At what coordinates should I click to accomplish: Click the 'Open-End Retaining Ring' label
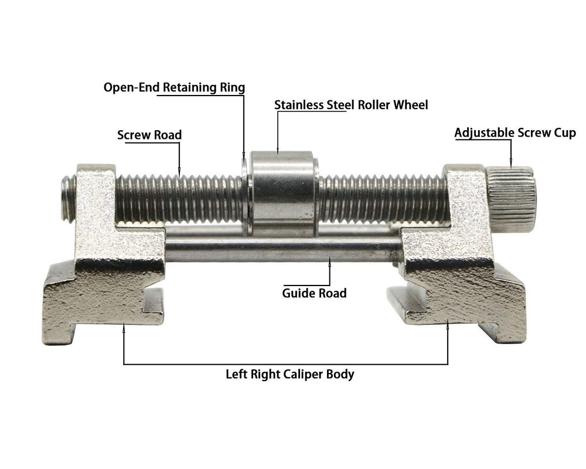point(174,87)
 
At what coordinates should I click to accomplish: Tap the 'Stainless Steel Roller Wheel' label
point(351,105)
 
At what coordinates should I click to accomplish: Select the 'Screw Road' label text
point(149,135)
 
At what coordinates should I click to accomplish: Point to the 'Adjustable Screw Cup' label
point(515,133)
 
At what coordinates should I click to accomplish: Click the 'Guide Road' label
point(314,293)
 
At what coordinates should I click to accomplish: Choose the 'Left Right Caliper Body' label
point(290,375)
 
